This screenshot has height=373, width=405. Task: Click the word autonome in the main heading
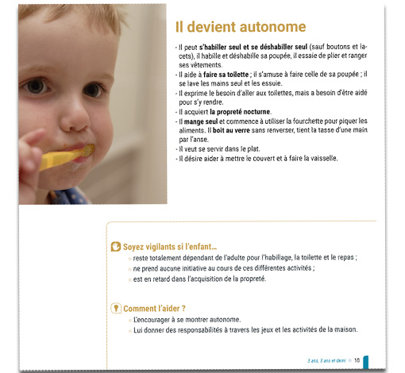pyautogui.click(x=263, y=27)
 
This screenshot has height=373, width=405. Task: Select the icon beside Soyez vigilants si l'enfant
pyautogui.click(x=116, y=247)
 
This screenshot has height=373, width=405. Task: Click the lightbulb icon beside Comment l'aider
pyautogui.click(x=116, y=307)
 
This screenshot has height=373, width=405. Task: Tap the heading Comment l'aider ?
pyautogui.click(x=155, y=308)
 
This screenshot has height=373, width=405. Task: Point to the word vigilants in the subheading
pyautogui.click(x=166, y=247)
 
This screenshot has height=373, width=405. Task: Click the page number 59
pyautogui.click(x=357, y=360)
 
